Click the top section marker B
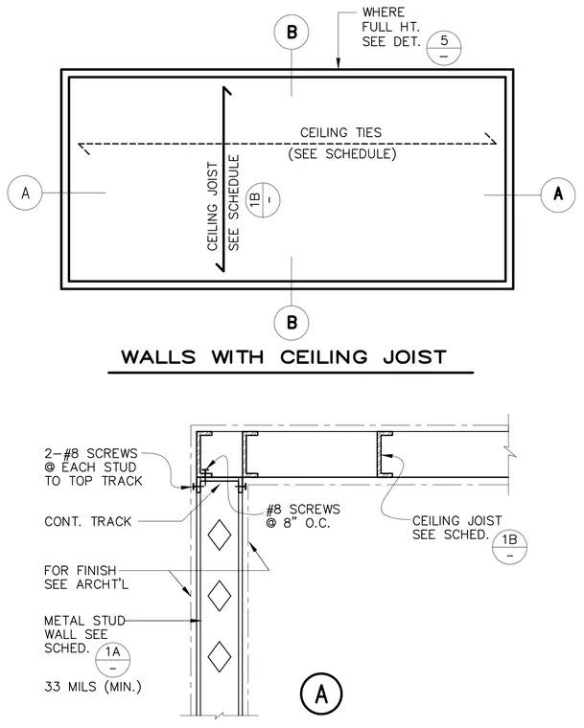pyautogui.click(x=292, y=32)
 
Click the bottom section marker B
pyautogui.click(x=292, y=322)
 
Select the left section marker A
pyautogui.click(x=25, y=193)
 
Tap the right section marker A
pyautogui.click(x=558, y=194)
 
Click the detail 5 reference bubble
pyautogui.click(x=444, y=48)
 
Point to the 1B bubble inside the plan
pyautogui.click(x=263, y=199)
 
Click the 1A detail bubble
pyautogui.click(x=112, y=660)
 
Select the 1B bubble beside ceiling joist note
pyautogui.click(x=509, y=547)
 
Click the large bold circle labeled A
pyautogui.click(x=321, y=694)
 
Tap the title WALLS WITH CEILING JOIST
pyautogui.click(x=284, y=357)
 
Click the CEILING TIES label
pyautogui.click(x=340, y=133)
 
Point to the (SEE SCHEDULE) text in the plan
pyautogui.click(x=342, y=153)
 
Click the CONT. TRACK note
pyautogui.click(x=88, y=521)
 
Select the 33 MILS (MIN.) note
pyautogui.click(x=93, y=686)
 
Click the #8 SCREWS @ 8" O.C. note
pyautogui.click(x=303, y=516)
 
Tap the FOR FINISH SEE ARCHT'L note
pyautogui.click(x=86, y=577)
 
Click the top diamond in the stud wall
pyautogui.click(x=219, y=535)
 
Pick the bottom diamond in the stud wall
pyautogui.click(x=219, y=656)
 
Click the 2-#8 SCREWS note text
pyautogui.click(x=93, y=467)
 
